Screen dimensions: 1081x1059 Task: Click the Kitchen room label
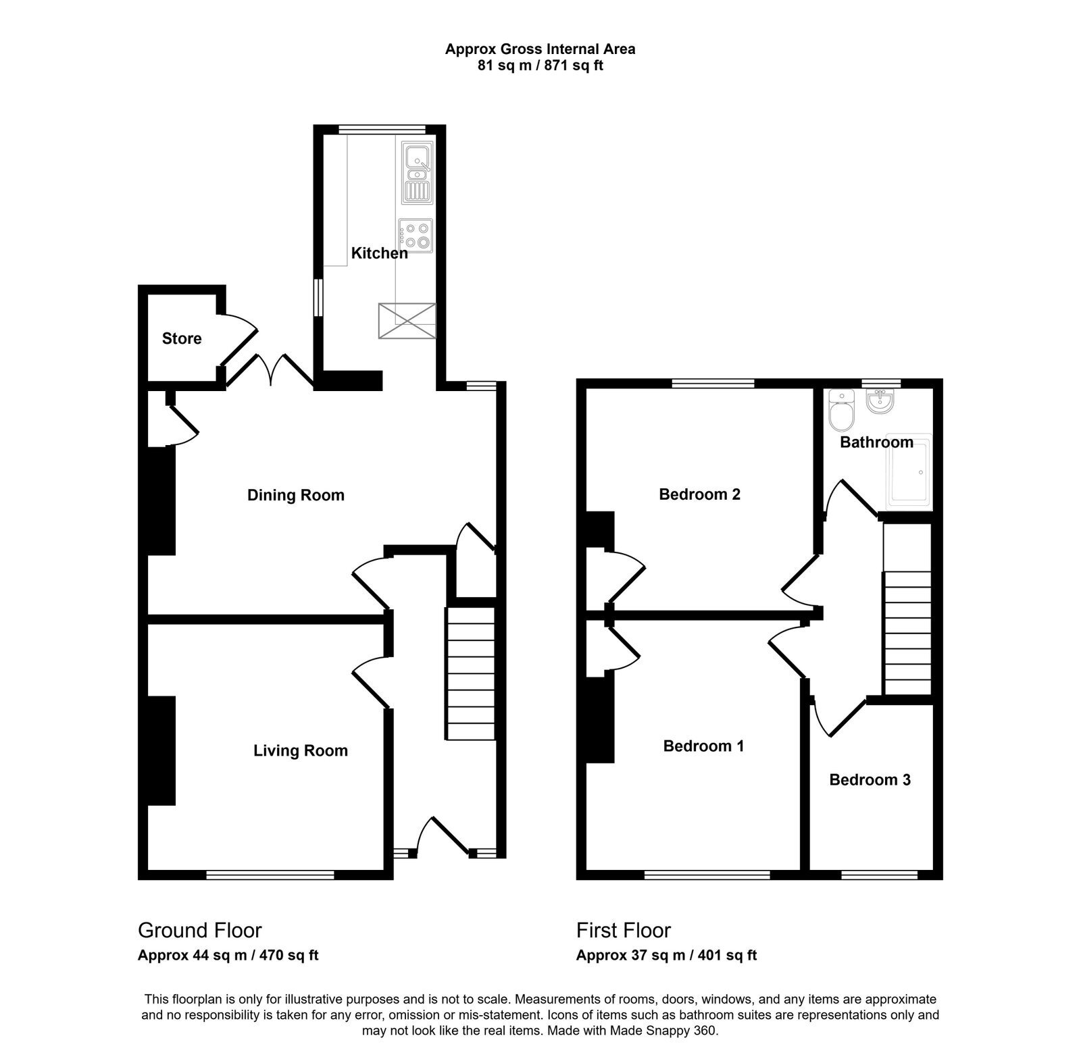(x=379, y=253)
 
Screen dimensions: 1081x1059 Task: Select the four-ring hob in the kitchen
(x=416, y=236)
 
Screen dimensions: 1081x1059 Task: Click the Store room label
(x=182, y=338)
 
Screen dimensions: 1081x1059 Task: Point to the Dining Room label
(x=296, y=495)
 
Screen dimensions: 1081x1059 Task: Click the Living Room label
(x=301, y=750)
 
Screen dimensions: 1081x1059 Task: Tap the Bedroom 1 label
(x=703, y=746)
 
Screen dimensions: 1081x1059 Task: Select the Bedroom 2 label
(x=699, y=494)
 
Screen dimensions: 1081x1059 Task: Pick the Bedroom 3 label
(x=870, y=779)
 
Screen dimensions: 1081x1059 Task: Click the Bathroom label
(x=876, y=442)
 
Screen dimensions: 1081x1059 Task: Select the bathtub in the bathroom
(x=909, y=470)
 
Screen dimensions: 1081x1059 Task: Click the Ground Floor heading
(x=199, y=930)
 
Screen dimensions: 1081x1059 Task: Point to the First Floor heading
(x=623, y=930)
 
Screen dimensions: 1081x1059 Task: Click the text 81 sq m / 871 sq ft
(x=540, y=66)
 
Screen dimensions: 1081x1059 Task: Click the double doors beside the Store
(x=270, y=370)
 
